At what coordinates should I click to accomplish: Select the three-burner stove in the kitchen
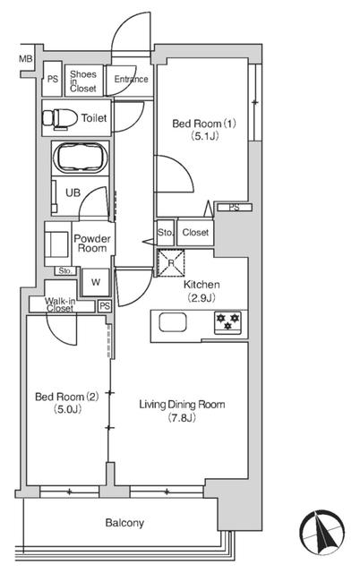225,321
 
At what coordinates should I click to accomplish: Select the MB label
26,60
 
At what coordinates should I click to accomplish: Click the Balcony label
124,523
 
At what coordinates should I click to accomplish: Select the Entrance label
131,80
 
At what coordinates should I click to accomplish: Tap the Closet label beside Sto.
195,233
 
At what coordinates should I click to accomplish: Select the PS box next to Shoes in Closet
52,80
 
